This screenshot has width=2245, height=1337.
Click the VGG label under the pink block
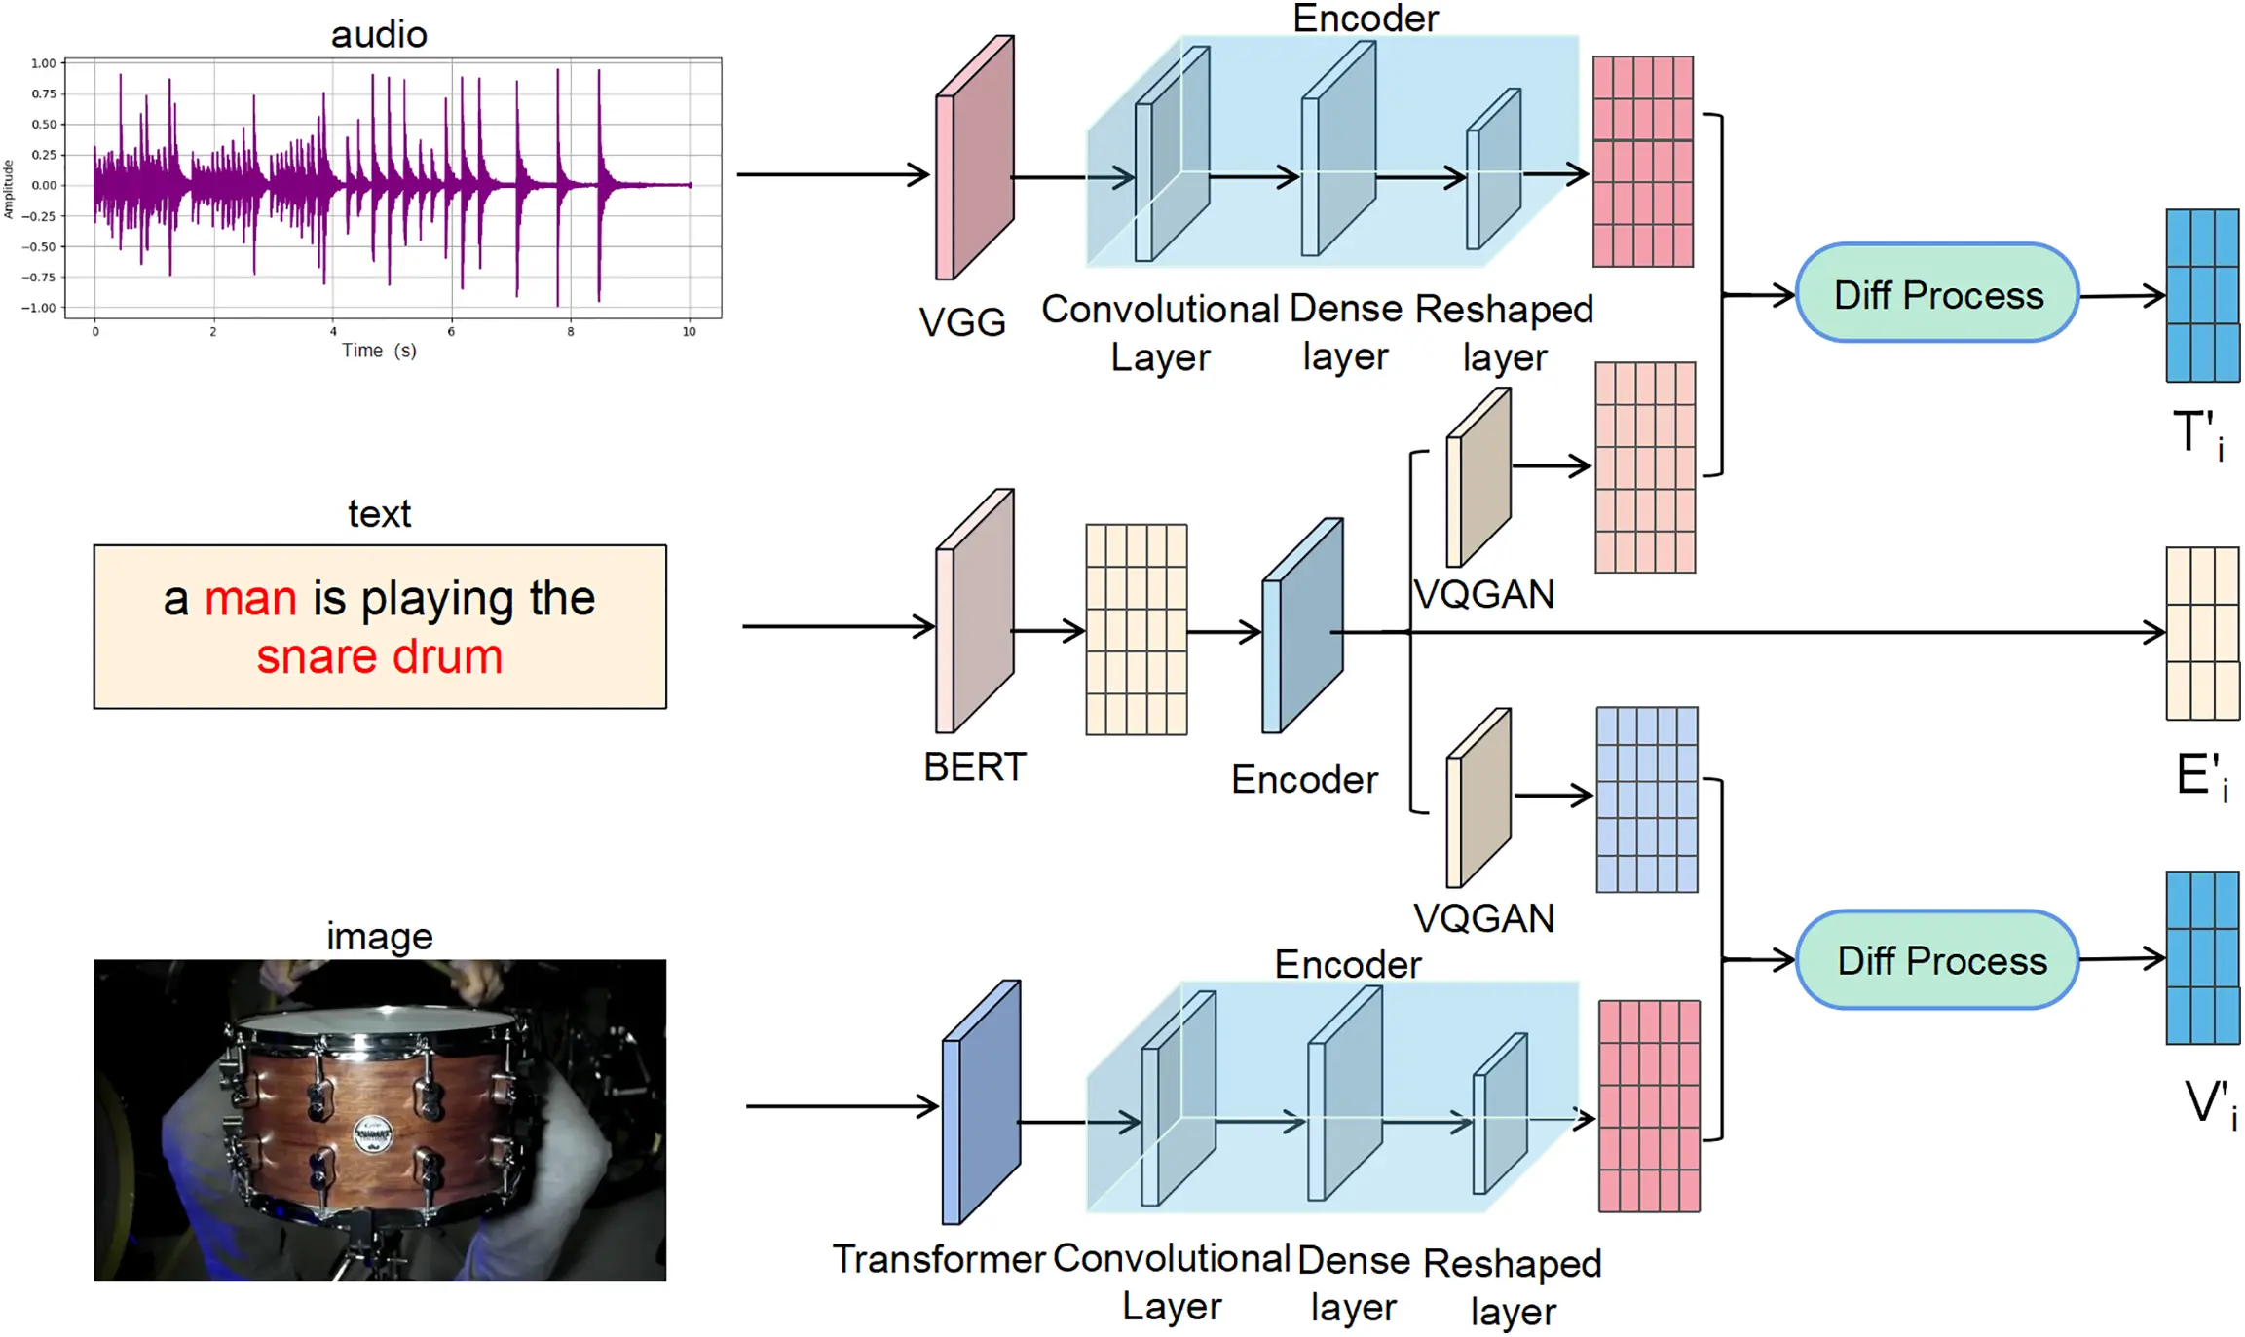click(x=961, y=322)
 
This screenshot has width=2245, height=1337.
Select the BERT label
click(x=974, y=767)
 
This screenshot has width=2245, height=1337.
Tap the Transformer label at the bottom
click(x=938, y=1259)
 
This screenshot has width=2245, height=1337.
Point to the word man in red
click(x=250, y=598)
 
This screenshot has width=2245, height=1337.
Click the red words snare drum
click(x=379, y=656)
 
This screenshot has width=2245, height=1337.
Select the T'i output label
click(x=2197, y=434)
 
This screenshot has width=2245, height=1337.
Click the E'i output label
click(x=2201, y=777)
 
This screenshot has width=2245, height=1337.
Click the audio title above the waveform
click(x=379, y=35)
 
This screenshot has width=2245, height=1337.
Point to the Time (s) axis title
click(x=379, y=351)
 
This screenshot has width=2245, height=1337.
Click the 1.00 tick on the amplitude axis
click(x=43, y=63)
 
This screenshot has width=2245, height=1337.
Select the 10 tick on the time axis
click(x=689, y=332)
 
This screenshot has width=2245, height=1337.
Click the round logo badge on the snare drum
click(x=372, y=1134)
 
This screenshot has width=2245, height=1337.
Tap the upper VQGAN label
click(x=1483, y=594)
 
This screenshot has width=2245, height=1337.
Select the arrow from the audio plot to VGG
click(x=833, y=175)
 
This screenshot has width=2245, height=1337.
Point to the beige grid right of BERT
click(x=1136, y=629)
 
